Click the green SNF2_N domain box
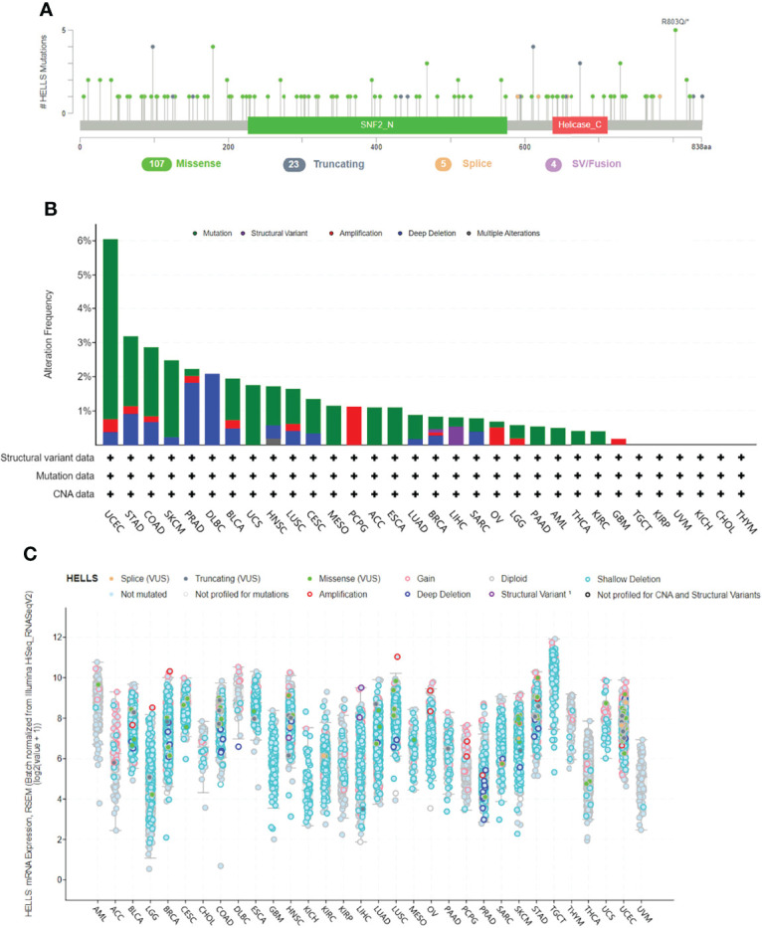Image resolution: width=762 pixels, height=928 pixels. click(x=377, y=126)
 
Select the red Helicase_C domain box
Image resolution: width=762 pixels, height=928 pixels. click(x=580, y=126)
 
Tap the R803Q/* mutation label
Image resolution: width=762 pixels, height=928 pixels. click(x=675, y=19)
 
